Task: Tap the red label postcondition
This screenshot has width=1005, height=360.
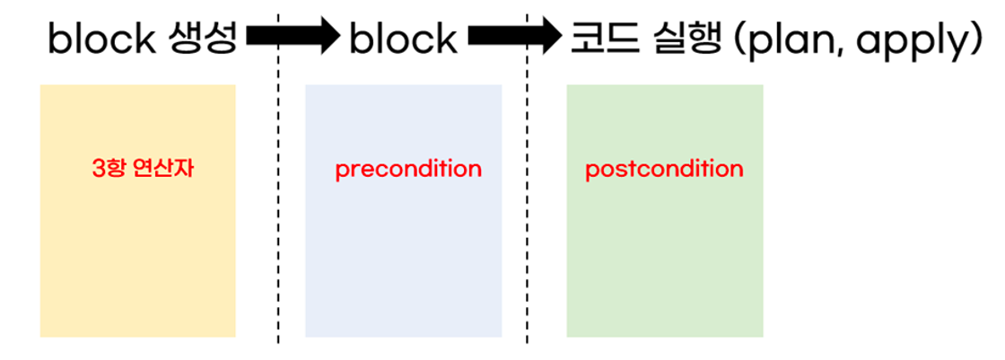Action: tap(664, 169)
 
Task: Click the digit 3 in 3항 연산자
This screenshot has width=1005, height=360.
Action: tap(98, 168)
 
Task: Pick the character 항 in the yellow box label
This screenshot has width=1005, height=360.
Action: tap(116, 168)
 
